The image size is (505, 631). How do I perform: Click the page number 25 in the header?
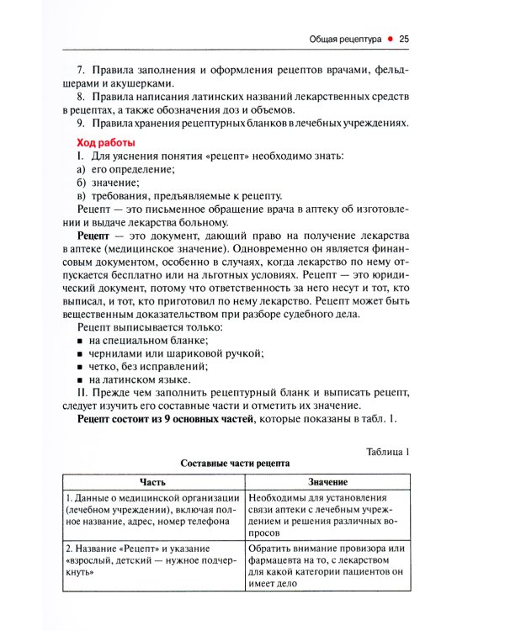point(404,39)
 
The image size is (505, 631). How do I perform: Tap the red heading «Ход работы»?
point(106,142)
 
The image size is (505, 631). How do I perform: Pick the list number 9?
point(81,125)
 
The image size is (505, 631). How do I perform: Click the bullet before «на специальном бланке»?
point(81,341)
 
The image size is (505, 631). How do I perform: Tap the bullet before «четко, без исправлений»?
point(81,368)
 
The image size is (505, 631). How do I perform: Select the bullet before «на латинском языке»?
point(81,381)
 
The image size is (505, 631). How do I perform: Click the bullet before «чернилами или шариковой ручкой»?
point(81,354)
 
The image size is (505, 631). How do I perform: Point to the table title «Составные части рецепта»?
point(236,464)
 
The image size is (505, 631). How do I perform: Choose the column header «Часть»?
point(152,481)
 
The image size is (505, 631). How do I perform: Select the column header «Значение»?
point(327,481)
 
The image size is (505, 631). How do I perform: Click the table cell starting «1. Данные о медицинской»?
point(152,509)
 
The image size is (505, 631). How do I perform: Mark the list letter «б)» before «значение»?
point(82,183)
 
